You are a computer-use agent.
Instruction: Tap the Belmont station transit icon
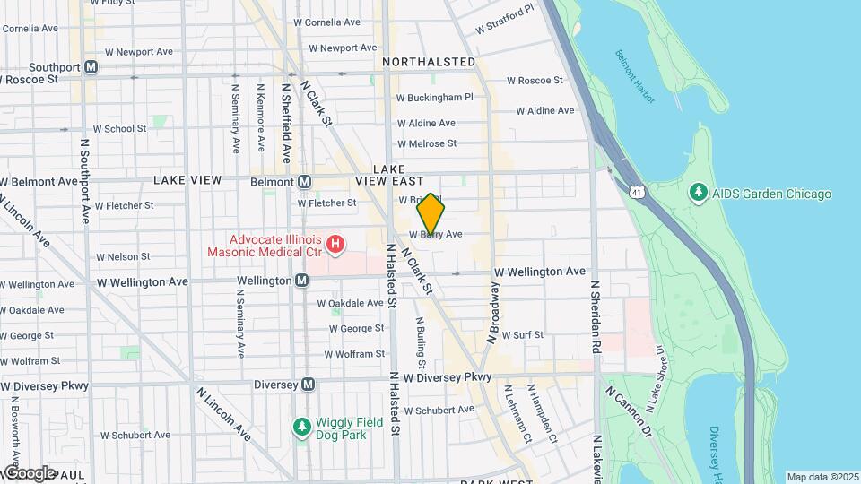tap(305, 182)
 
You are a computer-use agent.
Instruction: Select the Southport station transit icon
tap(91, 67)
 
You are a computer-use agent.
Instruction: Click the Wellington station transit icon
tap(303, 281)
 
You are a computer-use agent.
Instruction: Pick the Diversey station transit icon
tap(308, 384)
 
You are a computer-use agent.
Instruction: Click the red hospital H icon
tap(335, 243)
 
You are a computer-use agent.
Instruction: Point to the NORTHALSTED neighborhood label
tap(429, 62)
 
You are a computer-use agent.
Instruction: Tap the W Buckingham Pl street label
tap(434, 97)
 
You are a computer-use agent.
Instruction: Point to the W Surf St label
tap(523, 335)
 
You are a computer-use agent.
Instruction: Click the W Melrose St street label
tap(426, 143)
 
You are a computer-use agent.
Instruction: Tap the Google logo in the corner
tap(29, 473)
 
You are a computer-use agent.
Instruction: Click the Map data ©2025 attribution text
tap(822, 477)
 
